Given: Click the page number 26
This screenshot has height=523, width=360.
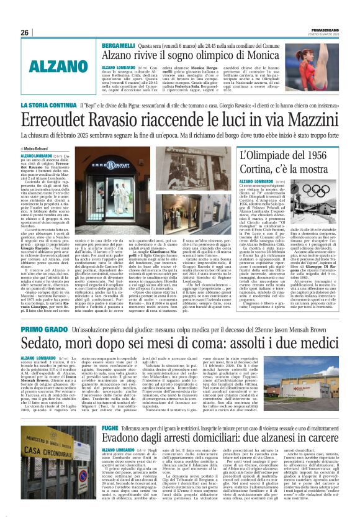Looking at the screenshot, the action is click(25, 32).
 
